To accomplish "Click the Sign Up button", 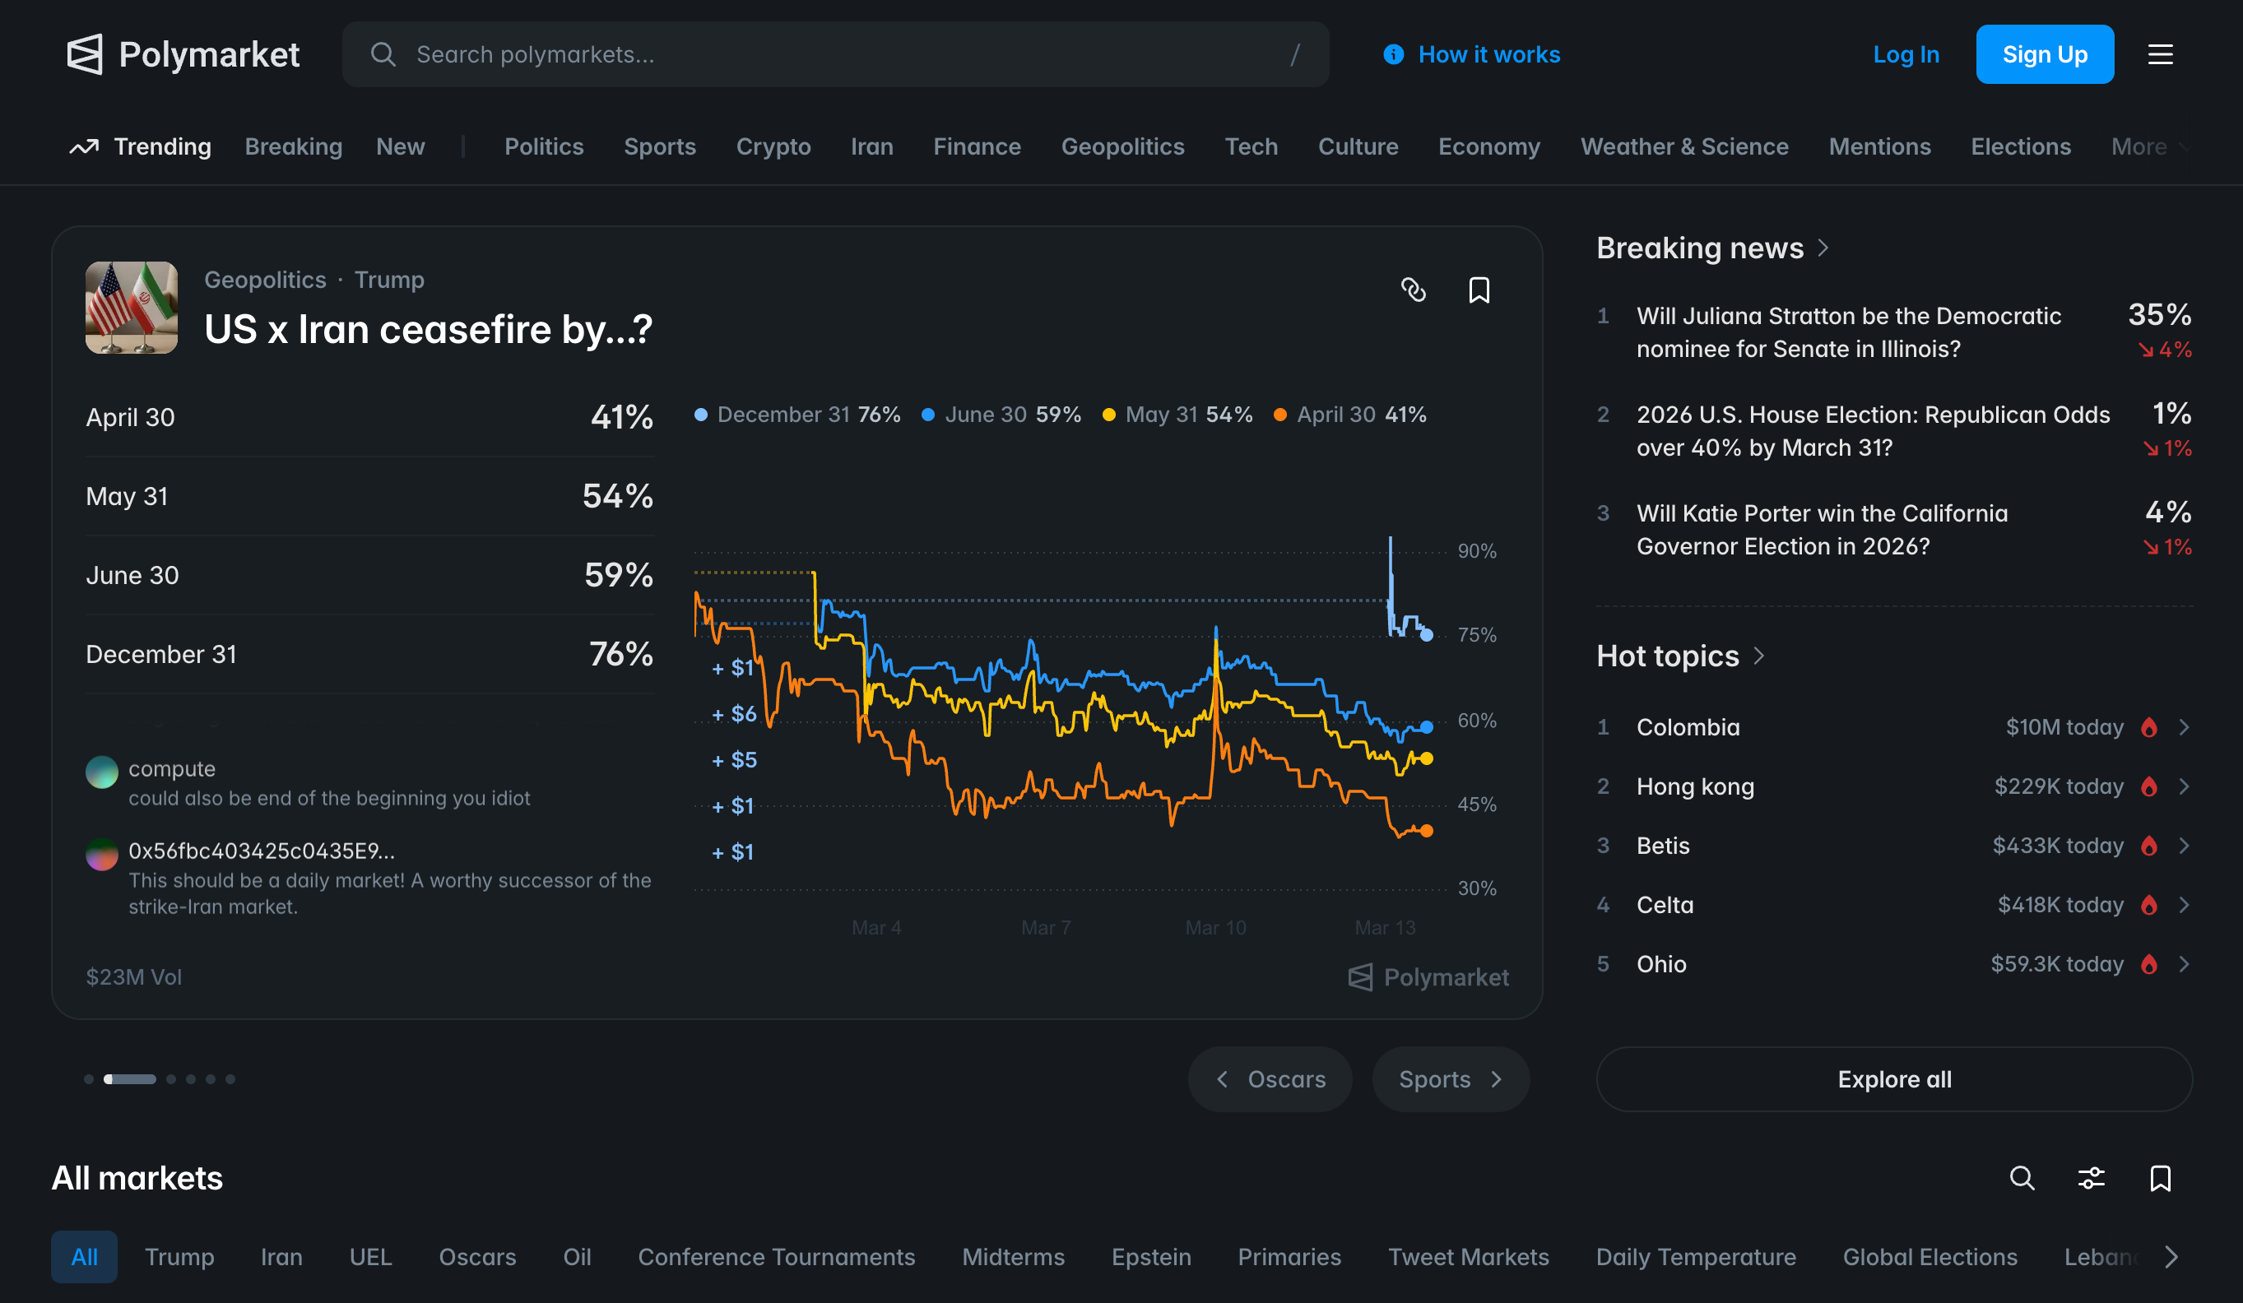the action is tap(2045, 54).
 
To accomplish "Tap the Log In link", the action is tap(1906, 54).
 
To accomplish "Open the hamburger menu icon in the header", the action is tap(2160, 54).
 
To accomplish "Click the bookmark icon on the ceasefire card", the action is tap(1479, 290).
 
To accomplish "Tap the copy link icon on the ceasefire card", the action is tap(1414, 290).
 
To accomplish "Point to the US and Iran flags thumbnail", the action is tap(132, 308).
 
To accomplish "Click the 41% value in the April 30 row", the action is tap(621, 416).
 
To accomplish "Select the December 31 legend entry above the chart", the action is tap(797, 415).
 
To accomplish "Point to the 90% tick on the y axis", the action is tap(1477, 551).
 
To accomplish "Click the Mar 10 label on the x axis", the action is tap(1215, 927).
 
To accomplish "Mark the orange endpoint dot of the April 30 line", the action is tap(1426, 830).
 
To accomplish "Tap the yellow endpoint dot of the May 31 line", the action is tap(1426, 758).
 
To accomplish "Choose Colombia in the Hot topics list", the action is tap(1688, 727).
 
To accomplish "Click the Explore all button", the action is tap(1894, 1078).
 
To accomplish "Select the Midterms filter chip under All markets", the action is tap(1013, 1257).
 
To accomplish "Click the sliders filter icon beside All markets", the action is tap(2091, 1179).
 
